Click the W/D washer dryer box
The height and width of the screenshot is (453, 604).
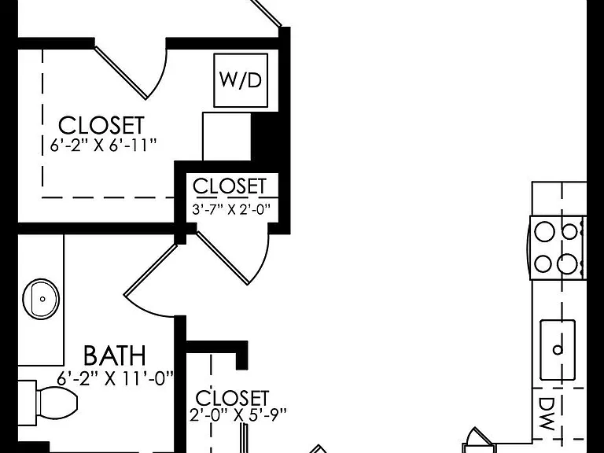[241, 80]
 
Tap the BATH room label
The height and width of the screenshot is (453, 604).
[115, 355]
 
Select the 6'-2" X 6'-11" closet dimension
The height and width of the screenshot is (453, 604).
[104, 145]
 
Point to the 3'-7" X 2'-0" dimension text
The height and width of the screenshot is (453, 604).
[231, 209]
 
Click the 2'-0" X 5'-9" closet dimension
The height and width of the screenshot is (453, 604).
[238, 415]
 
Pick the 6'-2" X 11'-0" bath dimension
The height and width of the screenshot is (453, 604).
[115, 377]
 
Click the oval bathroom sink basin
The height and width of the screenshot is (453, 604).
[41, 299]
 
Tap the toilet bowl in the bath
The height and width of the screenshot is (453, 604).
[57, 402]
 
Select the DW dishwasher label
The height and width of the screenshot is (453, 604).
[547, 414]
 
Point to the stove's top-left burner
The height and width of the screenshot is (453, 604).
[545, 231]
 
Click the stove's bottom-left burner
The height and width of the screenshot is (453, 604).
[543, 264]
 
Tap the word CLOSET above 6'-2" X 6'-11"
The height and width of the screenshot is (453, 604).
[101, 125]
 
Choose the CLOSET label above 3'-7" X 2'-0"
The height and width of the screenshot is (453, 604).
[230, 186]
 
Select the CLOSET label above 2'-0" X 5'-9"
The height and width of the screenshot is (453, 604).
[232, 398]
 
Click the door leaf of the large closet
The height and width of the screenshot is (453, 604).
[120, 72]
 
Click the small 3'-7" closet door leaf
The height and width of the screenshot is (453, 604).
[223, 258]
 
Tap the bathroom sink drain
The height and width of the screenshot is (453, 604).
[42, 299]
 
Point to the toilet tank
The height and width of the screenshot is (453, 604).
[28, 403]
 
